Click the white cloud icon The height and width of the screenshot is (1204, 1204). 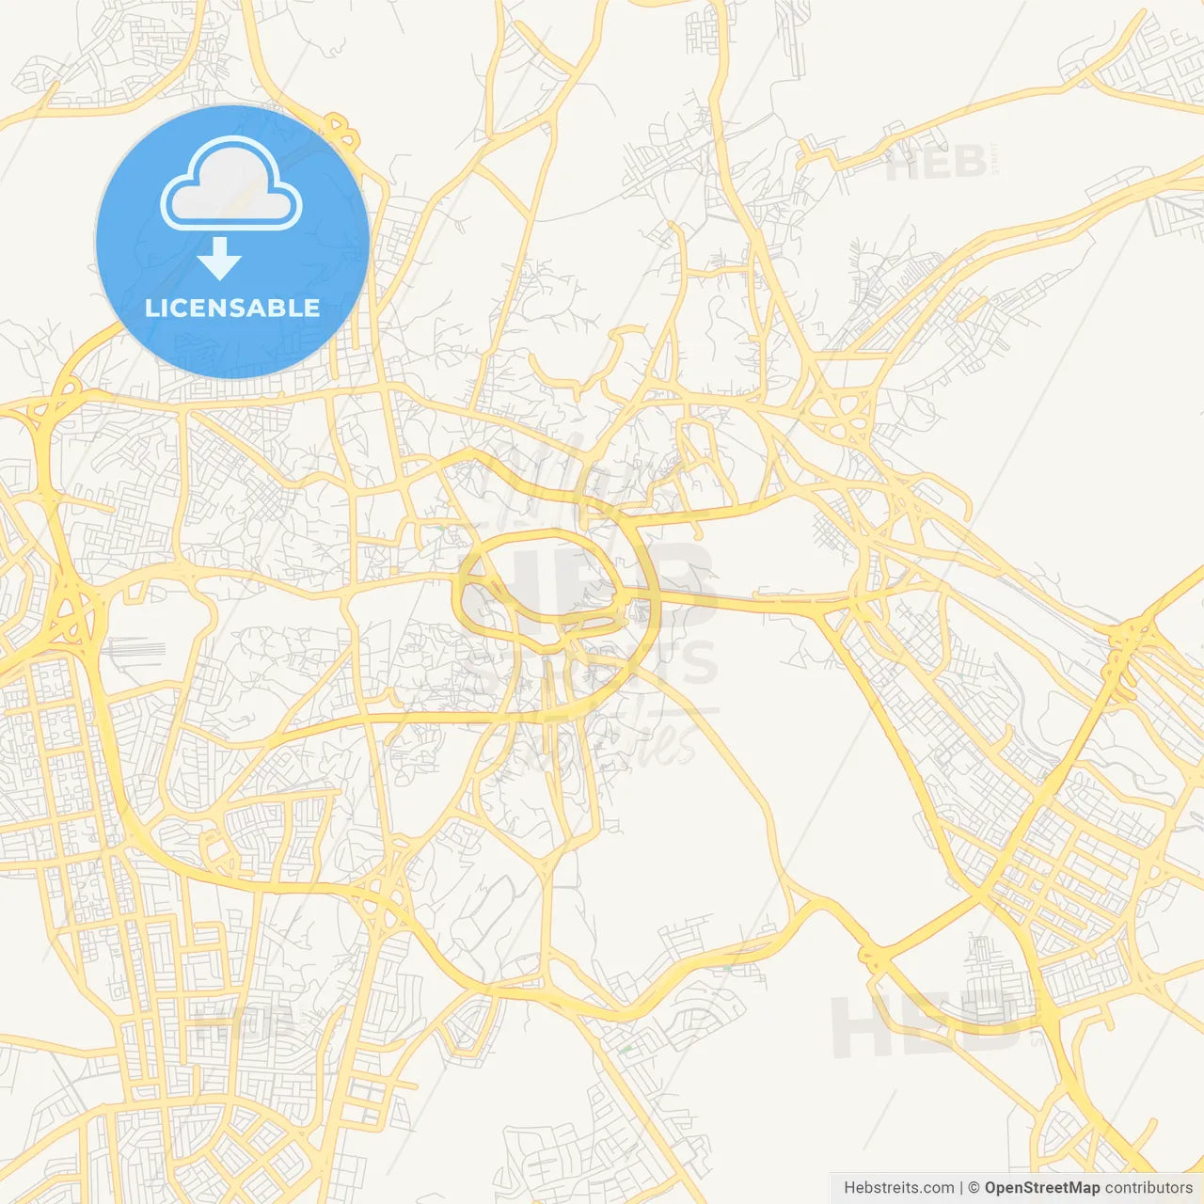(x=231, y=184)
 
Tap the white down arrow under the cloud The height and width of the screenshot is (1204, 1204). (x=220, y=260)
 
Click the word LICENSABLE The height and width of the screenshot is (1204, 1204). (x=232, y=308)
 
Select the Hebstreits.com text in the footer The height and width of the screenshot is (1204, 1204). (x=898, y=1188)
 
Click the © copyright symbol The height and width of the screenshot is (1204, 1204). (x=974, y=1188)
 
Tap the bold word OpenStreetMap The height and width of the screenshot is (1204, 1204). (x=1041, y=1188)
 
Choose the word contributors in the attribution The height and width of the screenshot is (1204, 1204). (x=1148, y=1188)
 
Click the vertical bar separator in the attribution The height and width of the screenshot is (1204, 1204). (x=960, y=1188)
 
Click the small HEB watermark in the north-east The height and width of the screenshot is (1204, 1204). (x=936, y=164)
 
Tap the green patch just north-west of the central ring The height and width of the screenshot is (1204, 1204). (x=439, y=528)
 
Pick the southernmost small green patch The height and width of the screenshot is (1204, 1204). (x=626, y=1047)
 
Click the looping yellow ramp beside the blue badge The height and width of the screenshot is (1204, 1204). (x=343, y=132)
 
